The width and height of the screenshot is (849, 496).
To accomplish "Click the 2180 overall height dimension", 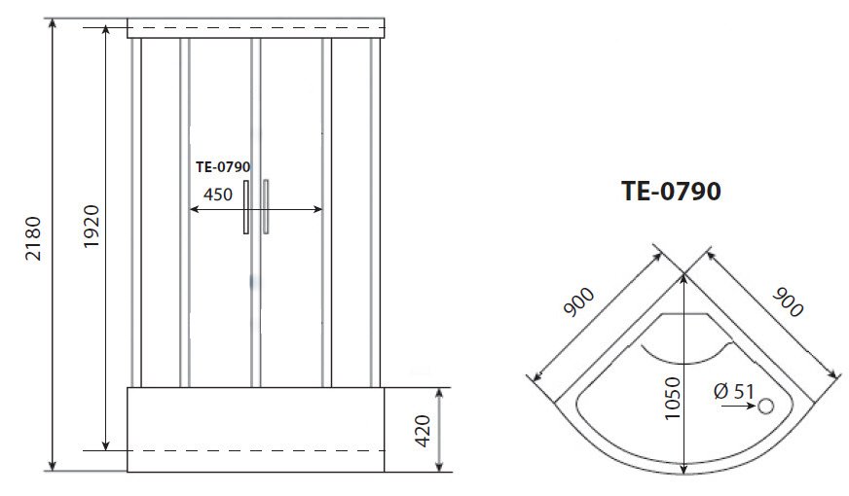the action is coord(33,238).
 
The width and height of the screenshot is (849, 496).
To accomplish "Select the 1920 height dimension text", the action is coord(92,227).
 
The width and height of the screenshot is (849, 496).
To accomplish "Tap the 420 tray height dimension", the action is coord(423,431).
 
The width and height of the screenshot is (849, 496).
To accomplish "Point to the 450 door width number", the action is coord(218,195).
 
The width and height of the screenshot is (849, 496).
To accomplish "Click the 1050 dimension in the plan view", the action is coord(672,399).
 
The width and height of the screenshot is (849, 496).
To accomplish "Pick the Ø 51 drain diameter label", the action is coord(734,391).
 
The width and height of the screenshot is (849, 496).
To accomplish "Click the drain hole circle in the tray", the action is coord(765,406).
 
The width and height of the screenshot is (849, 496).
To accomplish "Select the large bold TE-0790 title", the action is coord(671,191).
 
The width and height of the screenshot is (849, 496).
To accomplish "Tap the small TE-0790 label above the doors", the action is coord(223,167).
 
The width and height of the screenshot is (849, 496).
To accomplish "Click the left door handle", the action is coord(246,207).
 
